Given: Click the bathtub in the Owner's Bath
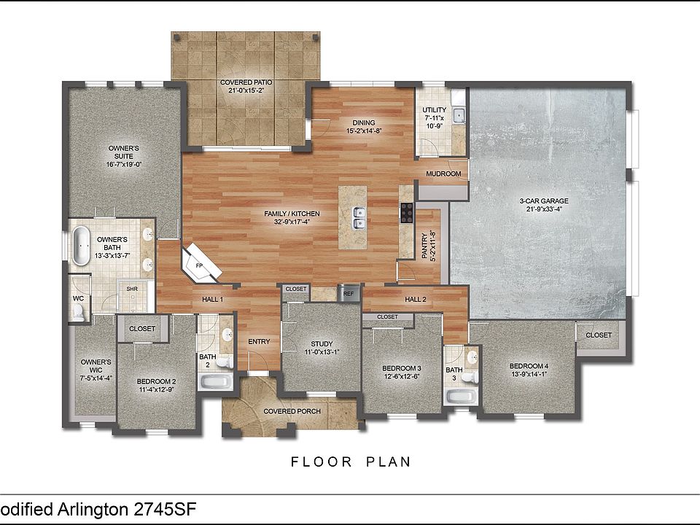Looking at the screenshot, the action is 81,246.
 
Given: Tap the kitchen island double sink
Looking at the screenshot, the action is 359,218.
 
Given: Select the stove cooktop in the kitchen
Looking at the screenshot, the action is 407,212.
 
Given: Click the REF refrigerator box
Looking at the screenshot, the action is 349,294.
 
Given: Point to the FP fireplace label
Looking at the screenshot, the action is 199,265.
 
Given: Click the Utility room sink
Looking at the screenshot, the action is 459,116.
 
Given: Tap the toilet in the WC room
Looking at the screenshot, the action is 79,313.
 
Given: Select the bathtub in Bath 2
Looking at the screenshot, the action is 216,381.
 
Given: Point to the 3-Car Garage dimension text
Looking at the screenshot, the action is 543,209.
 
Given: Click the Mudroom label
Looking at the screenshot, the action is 443,174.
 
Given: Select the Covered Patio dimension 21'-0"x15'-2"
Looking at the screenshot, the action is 246,90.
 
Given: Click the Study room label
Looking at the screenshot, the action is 322,343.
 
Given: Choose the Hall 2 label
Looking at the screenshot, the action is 415,299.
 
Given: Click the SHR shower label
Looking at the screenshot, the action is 132,289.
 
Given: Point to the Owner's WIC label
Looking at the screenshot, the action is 96,366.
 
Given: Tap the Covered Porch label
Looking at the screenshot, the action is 292,411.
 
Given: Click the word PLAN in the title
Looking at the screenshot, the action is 389,462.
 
